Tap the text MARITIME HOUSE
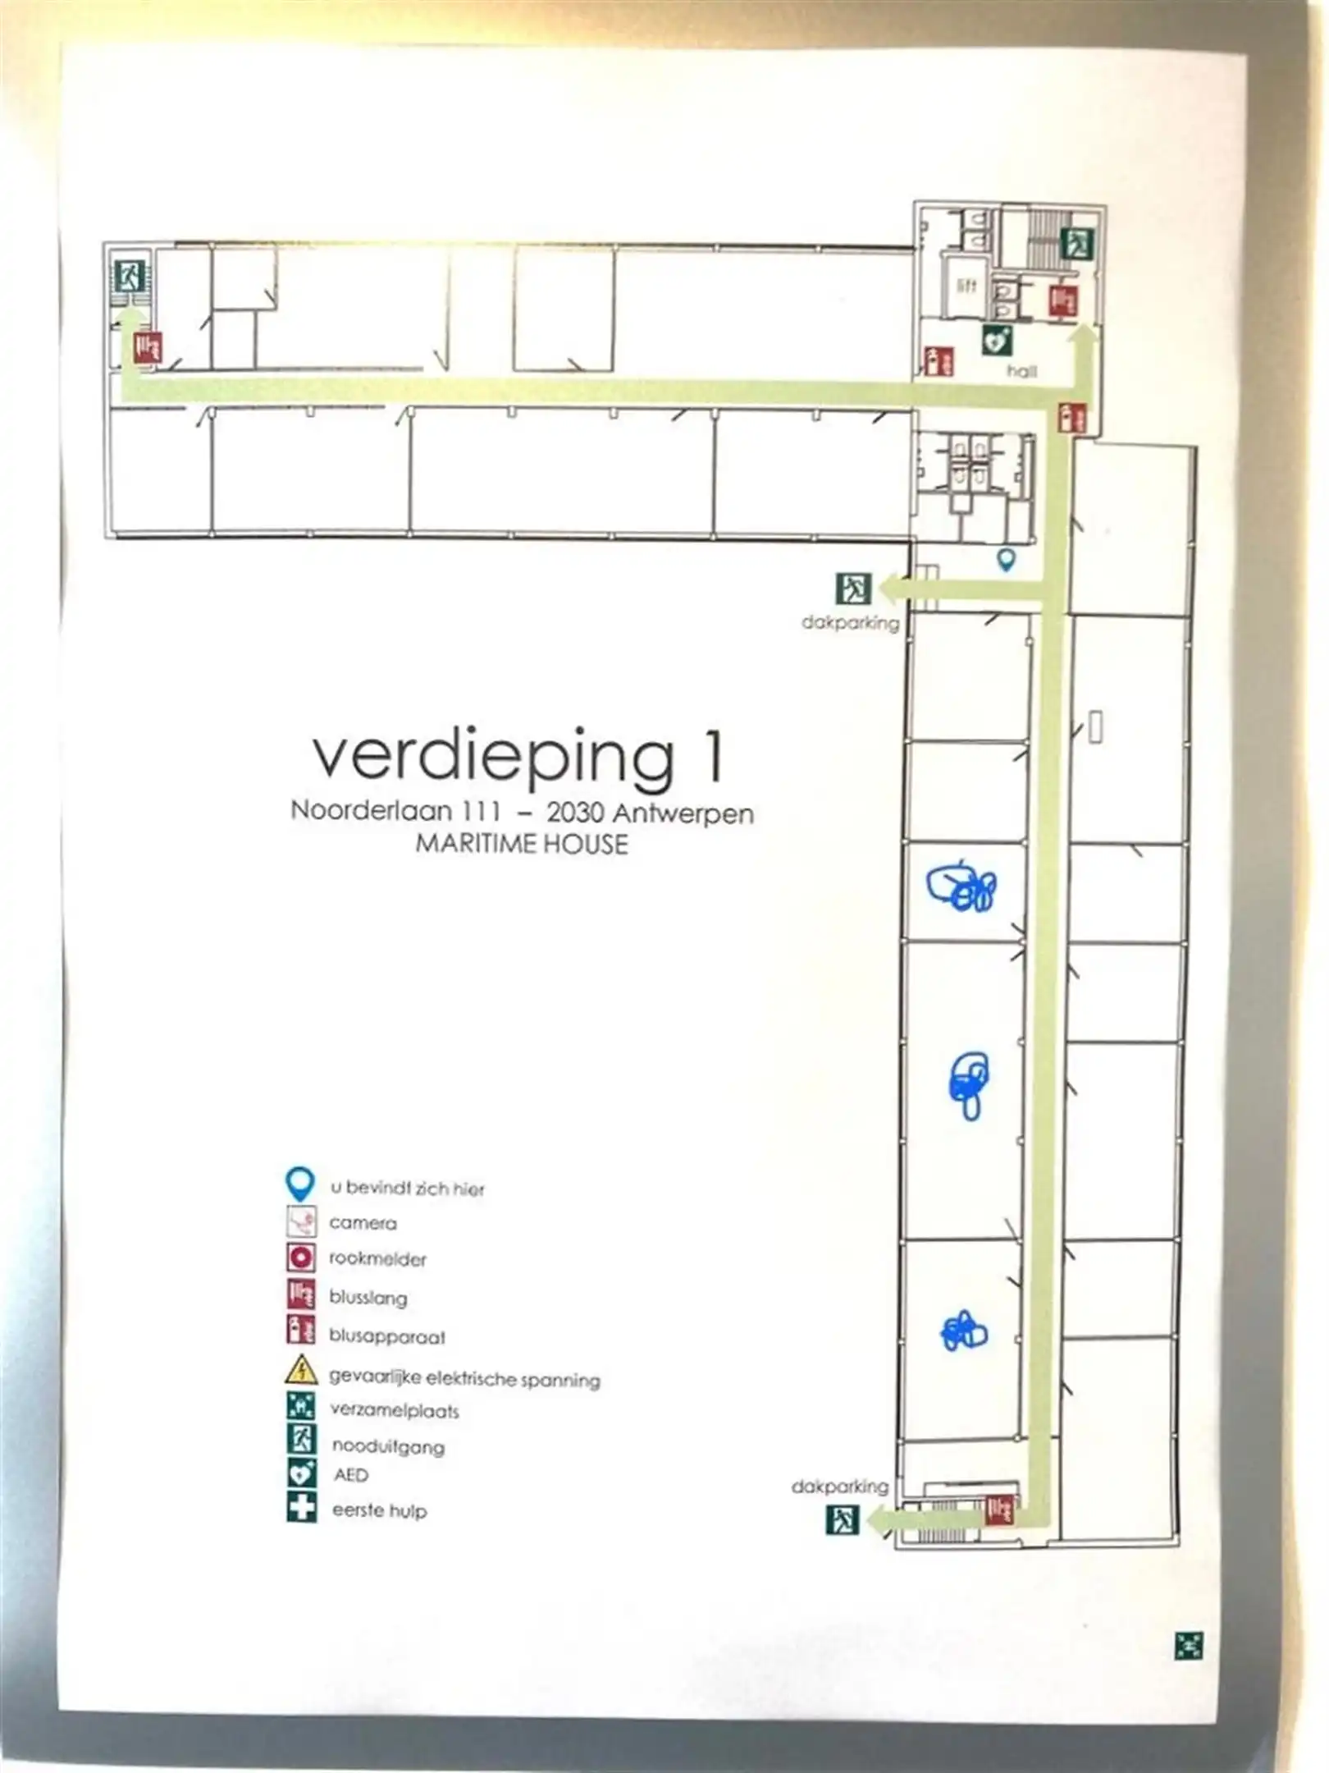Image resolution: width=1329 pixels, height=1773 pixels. (x=522, y=844)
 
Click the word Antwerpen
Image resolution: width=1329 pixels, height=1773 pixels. (x=683, y=813)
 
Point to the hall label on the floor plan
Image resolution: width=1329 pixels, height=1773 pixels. (x=1021, y=371)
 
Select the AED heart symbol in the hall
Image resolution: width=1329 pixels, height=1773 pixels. (x=997, y=339)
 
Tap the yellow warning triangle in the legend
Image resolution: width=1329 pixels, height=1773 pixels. (x=301, y=1370)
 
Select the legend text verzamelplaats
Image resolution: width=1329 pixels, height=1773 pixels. (x=395, y=1410)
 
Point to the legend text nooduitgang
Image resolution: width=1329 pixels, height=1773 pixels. (x=388, y=1446)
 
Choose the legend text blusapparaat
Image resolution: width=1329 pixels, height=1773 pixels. (x=387, y=1336)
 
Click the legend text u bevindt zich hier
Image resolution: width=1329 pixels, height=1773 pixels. (x=407, y=1188)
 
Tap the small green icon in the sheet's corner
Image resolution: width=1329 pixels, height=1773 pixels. (x=1189, y=1644)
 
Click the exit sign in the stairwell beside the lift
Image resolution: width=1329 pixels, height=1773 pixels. (x=1076, y=243)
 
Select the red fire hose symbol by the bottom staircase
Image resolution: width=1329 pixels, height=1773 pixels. (x=998, y=1510)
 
